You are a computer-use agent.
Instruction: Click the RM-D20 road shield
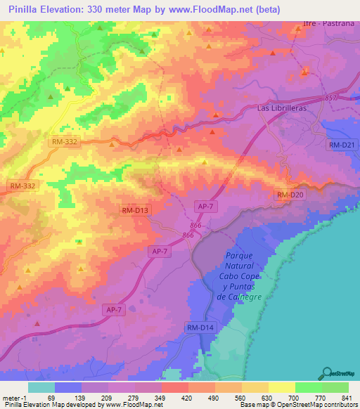pos(289,195)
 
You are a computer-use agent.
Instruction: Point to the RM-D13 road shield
pos(136,210)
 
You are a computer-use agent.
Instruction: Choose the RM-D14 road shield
pos(200,328)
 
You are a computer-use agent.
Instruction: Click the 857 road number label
pos(332,98)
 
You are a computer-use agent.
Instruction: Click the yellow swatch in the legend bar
pos(282,387)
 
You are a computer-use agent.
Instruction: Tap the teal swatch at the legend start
pos(41,387)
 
